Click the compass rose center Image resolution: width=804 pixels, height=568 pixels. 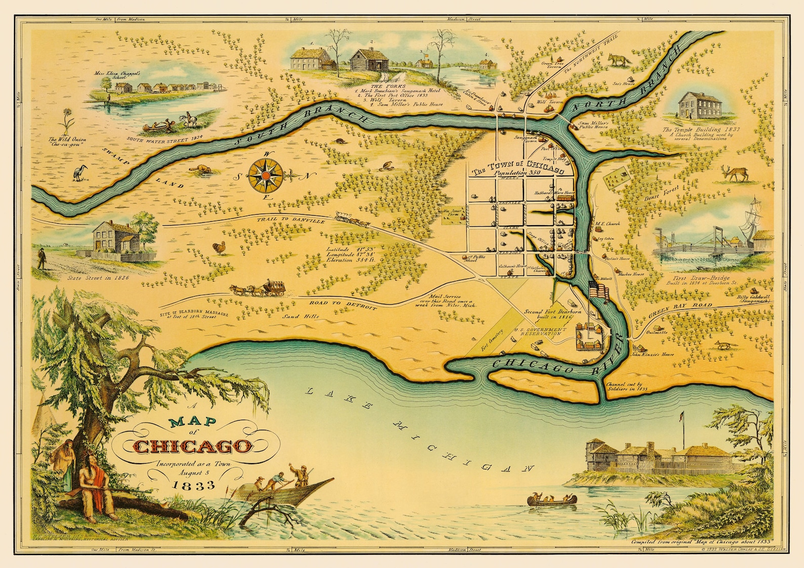[x=265, y=176]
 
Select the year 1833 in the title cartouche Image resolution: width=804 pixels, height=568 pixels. [x=193, y=485]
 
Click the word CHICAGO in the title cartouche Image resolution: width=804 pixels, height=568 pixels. [x=193, y=447]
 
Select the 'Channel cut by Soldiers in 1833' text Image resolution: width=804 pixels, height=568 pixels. [x=626, y=387]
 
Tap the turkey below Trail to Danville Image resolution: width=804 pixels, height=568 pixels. [x=220, y=248]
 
